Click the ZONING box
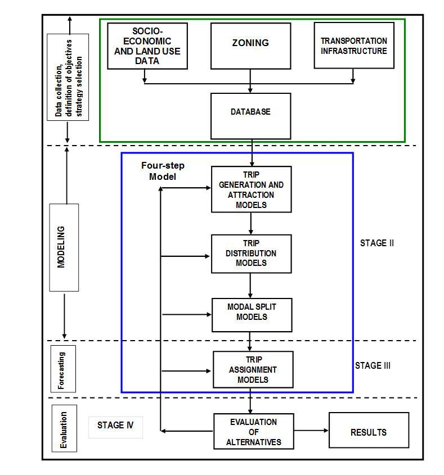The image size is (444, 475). pos(250,46)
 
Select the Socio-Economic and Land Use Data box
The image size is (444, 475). pos(147,46)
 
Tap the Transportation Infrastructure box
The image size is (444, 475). pos(353,46)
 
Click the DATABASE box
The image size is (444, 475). pos(250,115)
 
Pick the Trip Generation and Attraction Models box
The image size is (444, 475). pos(251,189)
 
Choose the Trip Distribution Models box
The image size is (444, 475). pos(251,254)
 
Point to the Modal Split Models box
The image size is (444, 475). pos(252,314)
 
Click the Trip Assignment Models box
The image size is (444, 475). pos(253,369)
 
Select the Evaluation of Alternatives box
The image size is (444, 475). pos(253,432)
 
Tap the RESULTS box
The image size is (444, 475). pos(368,432)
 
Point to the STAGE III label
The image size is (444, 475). pos(373,365)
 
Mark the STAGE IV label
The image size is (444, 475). pos(115,425)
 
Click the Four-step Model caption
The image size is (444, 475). pos(163,171)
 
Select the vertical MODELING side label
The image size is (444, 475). pos(64,247)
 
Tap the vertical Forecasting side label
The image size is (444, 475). pos(62,371)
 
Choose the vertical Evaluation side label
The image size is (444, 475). pos(64,430)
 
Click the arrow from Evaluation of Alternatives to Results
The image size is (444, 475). pos(311,431)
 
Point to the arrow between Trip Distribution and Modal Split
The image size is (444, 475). pos(250,286)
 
